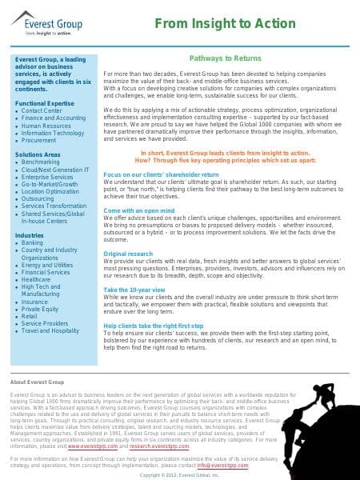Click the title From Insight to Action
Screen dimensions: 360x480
(x=246, y=25)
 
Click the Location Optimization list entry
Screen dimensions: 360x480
(x=50, y=191)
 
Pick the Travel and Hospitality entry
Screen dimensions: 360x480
(x=50, y=330)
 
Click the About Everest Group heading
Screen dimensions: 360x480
(x=35, y=383)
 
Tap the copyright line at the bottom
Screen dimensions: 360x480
(x=179, y=474)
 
